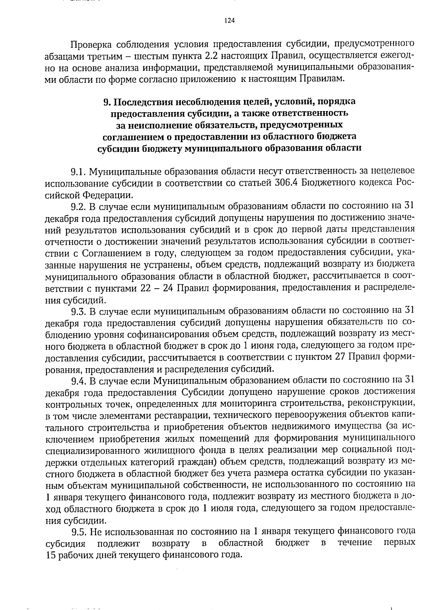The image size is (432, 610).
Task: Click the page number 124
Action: (x=229, y=20)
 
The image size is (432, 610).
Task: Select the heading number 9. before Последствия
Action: (x=107, y=102)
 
